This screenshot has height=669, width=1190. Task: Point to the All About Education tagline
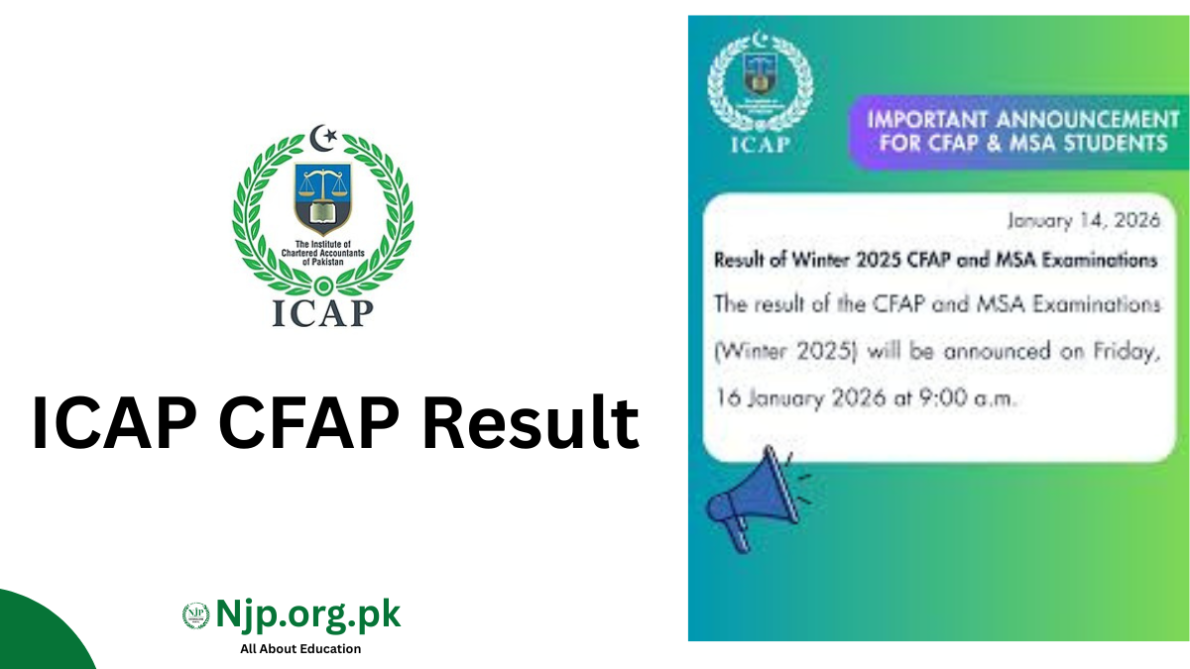300,648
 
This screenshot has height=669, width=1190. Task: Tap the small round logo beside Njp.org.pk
196,615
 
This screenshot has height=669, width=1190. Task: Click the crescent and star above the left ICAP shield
322,138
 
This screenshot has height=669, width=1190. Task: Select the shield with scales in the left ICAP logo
322,196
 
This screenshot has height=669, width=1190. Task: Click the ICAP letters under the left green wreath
322,311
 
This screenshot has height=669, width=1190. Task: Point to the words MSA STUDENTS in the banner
1101,144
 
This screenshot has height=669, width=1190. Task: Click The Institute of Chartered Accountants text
322,253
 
